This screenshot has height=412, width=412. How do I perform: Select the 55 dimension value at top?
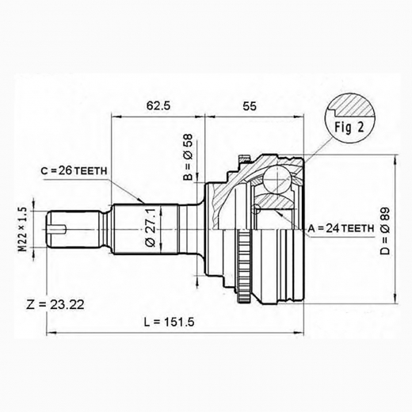click(x=249, y=104)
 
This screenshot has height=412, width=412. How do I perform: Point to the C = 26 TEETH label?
click(x=76, y=170)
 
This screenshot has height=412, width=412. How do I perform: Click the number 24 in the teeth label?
click(x=333, y=228)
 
